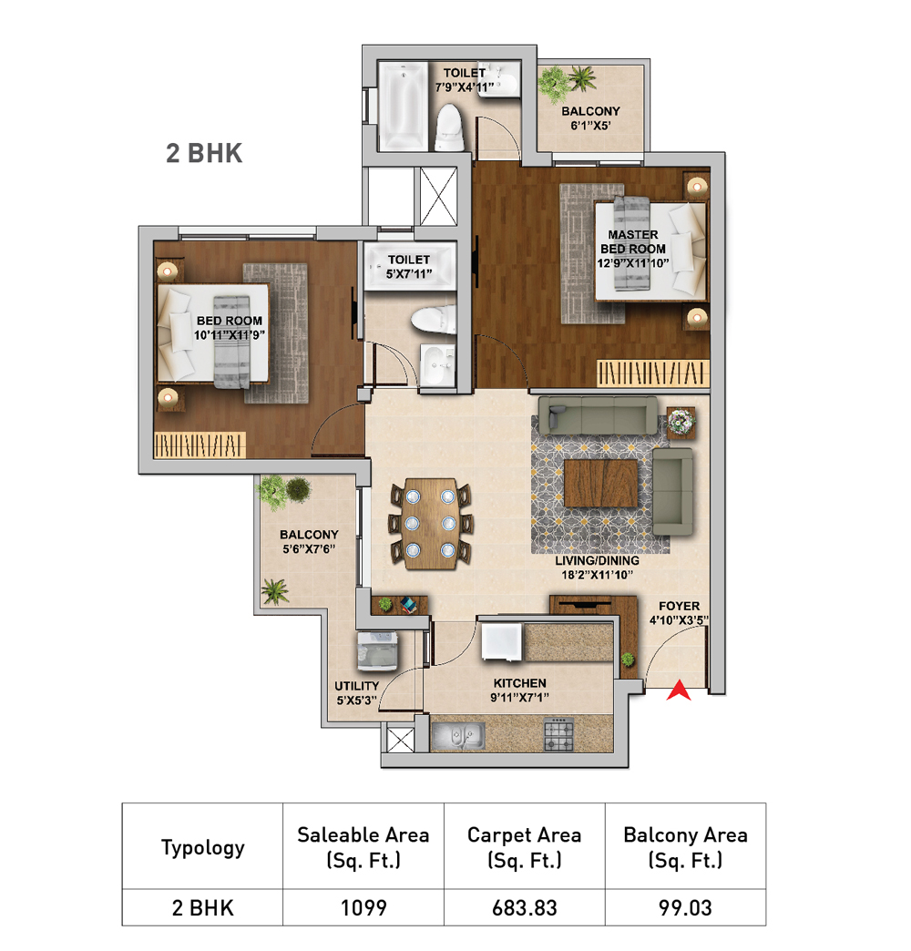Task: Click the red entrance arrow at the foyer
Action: tap(679, 691)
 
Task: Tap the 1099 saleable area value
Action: tap(363, 908)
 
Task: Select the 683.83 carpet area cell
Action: tap(524, 908)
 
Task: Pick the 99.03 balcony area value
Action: tap(685, 908)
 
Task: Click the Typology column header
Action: tap(202, 848)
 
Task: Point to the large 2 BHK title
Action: tap(204, 153)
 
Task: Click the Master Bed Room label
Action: tap(633, 241)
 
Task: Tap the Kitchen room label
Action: tap(520, 683)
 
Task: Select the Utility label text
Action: tap(356, 686)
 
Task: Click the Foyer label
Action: tap(680, 606)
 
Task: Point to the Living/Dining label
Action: tap(597, 560)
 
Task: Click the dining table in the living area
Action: tap(431, 524)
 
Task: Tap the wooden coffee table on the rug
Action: tap(600, 483)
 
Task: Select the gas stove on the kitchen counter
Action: tap(558, 734)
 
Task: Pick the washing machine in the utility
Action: tap(377, 650)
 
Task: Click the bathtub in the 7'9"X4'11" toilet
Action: tap(403, 107)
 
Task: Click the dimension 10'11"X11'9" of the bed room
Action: tap(230, 335)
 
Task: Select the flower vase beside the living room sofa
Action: tap(681, 422)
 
